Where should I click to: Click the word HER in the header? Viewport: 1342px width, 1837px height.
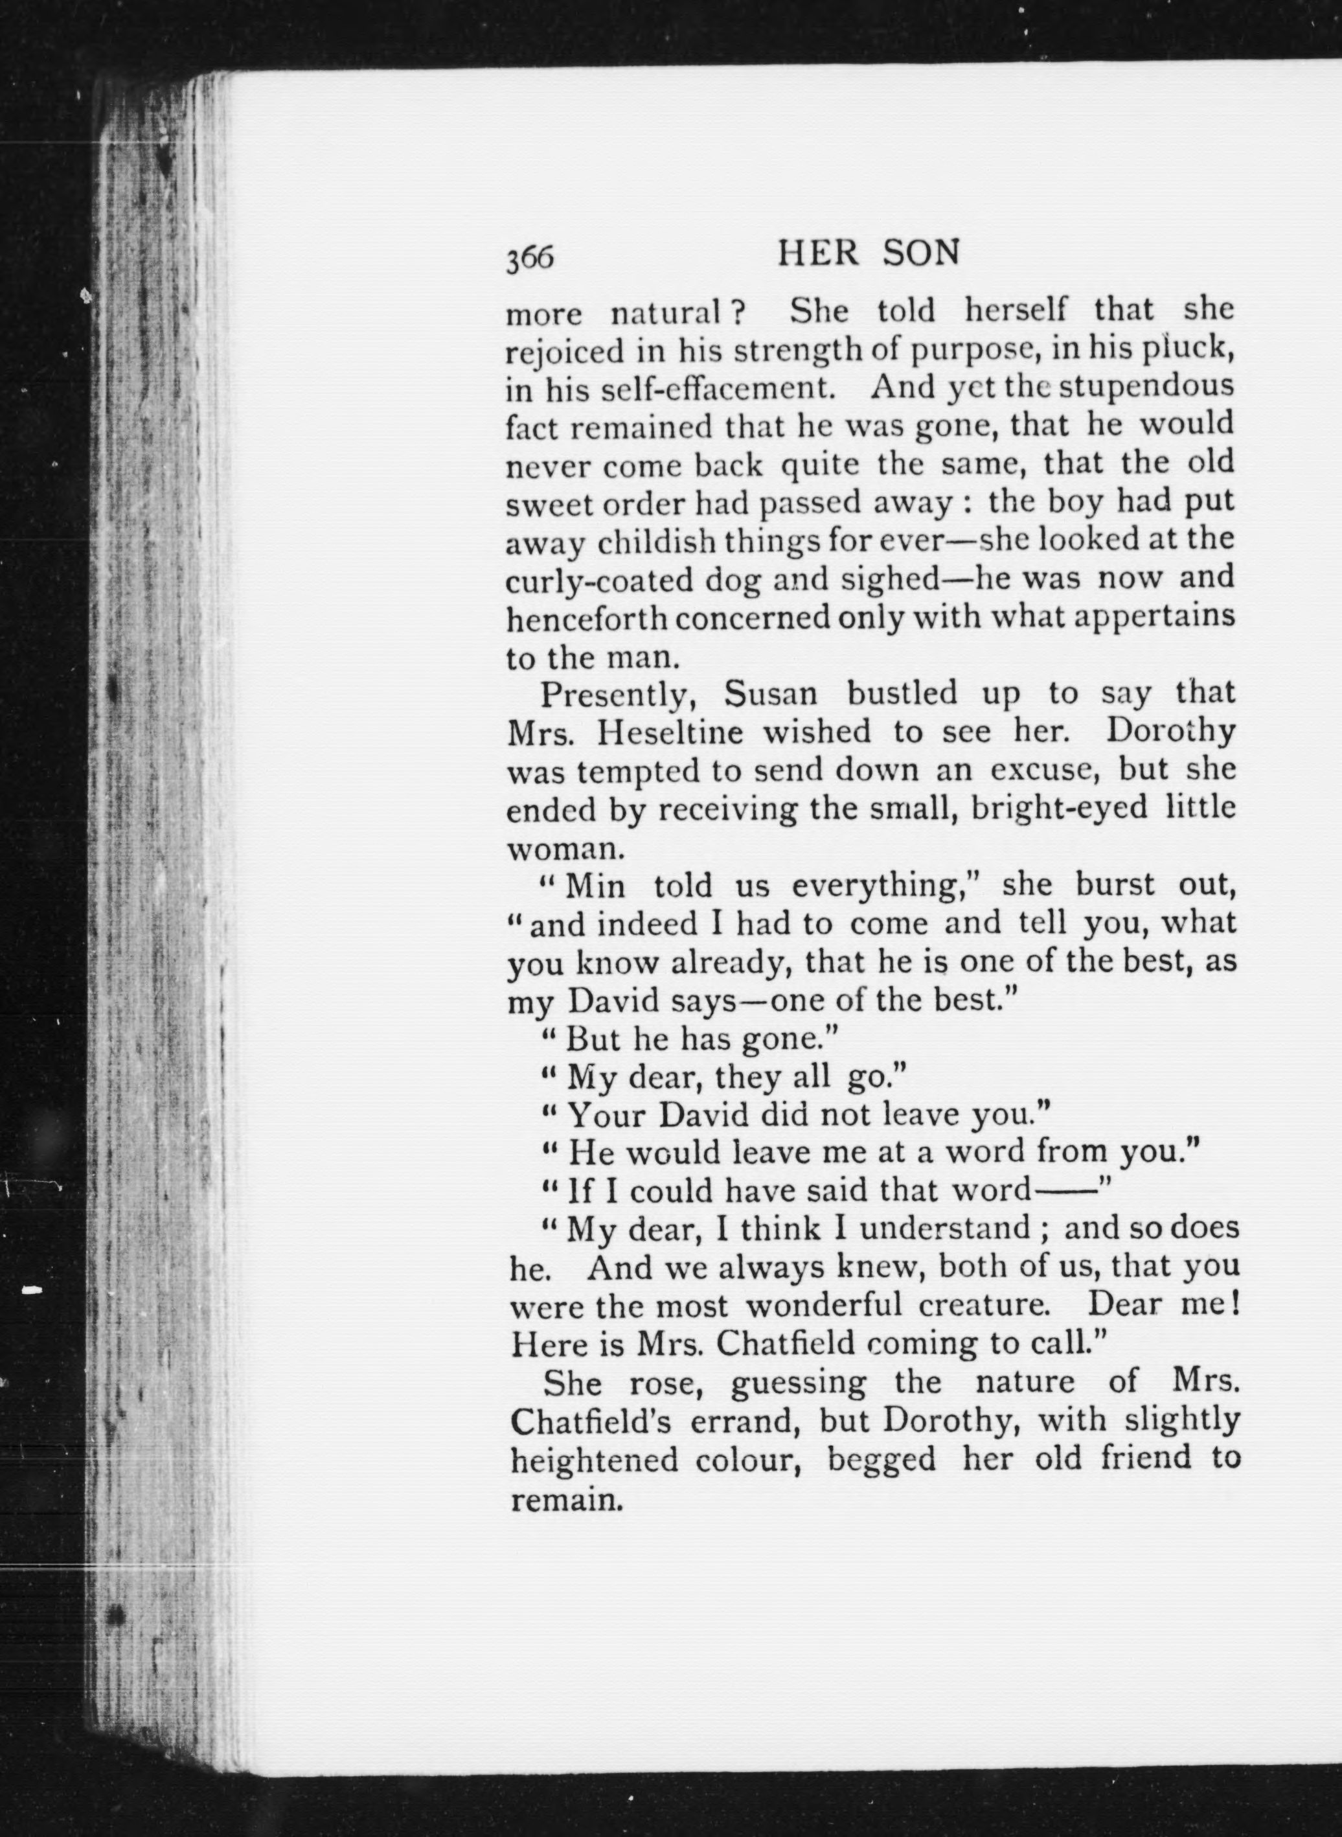(817, 253)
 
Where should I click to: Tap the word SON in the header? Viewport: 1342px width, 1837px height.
(920, 253)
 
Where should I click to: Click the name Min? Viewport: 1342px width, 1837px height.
(595, 886)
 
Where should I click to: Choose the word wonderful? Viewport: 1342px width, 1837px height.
(824, 1305)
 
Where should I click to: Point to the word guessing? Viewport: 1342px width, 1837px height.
(798, 1383)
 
